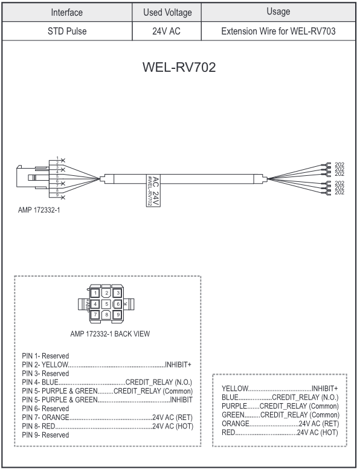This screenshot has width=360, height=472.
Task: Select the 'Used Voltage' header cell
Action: pos(167,12)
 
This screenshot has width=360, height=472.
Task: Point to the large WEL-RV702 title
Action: pos(179,68)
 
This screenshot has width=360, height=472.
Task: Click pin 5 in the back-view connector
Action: pos(106,303)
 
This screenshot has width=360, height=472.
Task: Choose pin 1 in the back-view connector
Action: pos(95,293)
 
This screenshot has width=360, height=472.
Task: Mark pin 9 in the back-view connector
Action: pos(118,314)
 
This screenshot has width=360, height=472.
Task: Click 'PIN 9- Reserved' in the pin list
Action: pos(45,435)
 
